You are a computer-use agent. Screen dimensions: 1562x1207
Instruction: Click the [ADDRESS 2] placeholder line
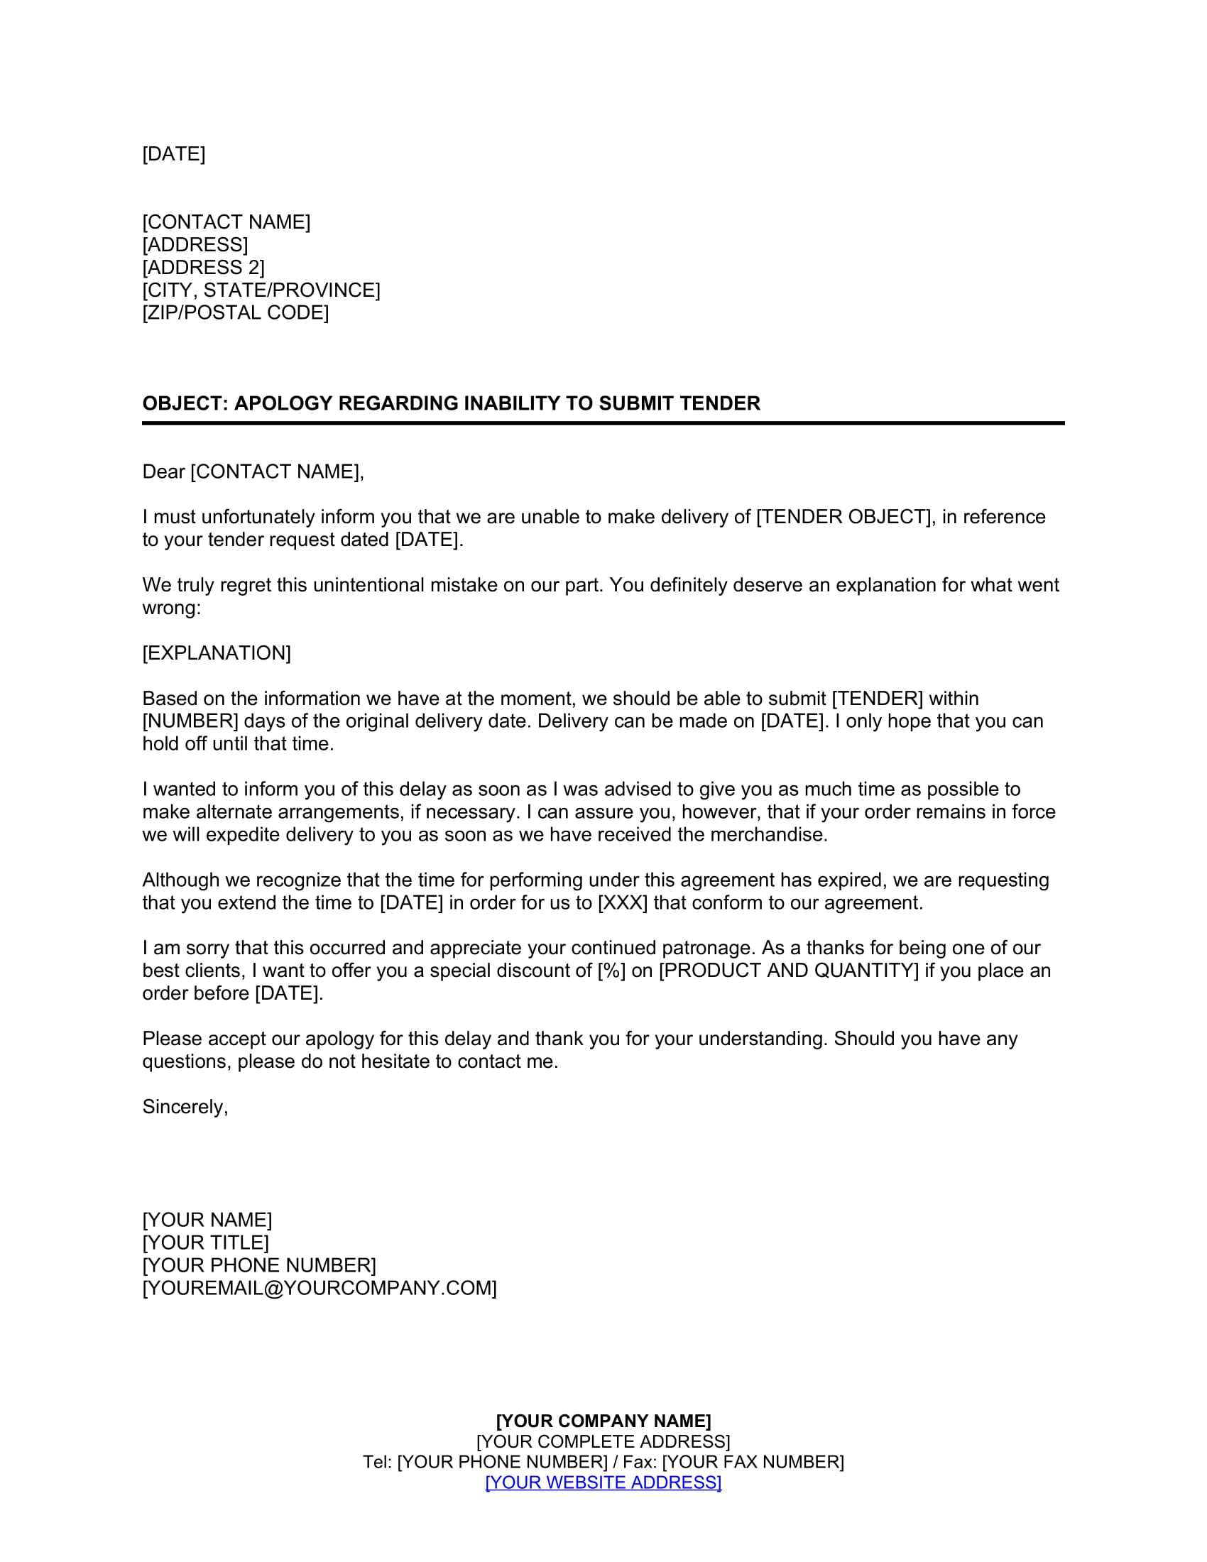pos(203,268)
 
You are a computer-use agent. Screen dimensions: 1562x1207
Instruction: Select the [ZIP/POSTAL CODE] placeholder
pos(235,312)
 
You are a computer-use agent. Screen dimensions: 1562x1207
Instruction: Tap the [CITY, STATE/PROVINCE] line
pos(261,290)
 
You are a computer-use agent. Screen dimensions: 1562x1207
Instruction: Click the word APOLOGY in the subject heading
pos(283,403)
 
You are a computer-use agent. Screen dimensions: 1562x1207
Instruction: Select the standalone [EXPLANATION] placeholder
pos(217,653)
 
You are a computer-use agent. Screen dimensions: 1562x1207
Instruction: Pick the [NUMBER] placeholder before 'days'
pos(190,721)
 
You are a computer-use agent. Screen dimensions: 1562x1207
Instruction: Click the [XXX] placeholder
pos(622,902)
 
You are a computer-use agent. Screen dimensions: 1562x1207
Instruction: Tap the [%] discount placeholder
pos(611,971)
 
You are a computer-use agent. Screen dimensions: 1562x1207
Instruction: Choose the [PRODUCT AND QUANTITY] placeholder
pos(788,971)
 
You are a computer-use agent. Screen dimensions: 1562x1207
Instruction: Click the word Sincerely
pos(185,1107)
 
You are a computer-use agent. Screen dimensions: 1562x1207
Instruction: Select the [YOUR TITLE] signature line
pos(206,1243)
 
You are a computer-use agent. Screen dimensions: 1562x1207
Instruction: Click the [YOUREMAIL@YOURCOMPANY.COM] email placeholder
pos(319,1288)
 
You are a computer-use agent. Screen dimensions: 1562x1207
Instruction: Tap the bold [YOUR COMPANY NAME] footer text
pos(603,1421)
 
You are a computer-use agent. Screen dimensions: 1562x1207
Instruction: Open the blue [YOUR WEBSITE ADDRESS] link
pos(603,1482)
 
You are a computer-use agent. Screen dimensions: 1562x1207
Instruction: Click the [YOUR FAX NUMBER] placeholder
pos(753,1462)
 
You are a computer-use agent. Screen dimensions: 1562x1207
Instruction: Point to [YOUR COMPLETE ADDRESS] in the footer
pos(603,1441)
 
